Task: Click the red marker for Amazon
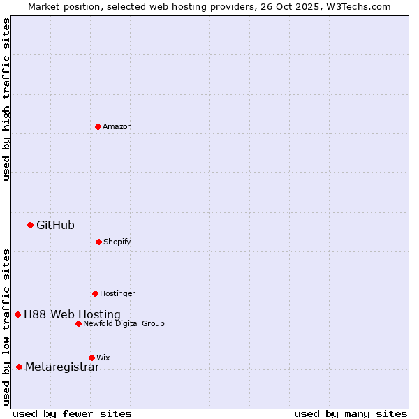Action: click(x=98, y=126)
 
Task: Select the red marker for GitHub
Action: click(x=30, y=225)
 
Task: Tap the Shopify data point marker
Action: click(x=98, y=242)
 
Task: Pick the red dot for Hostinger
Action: click(x=95, y=293)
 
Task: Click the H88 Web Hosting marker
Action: click(x=17, y=314)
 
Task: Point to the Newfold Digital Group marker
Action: click(x=78, y=323)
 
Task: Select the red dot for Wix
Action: click(x=91, y=358)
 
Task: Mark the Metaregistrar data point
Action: click(x=19, y=367)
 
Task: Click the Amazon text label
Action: click(x=117, y=126)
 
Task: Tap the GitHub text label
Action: click(x=55, y=225)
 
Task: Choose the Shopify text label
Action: click(x=117, y=242)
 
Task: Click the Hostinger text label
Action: click(x=117, y=293)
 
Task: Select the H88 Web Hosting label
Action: click(x=72, y=314)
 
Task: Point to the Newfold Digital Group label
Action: click(x=124, y=323)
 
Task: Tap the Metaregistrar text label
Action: click(x=62, y=367)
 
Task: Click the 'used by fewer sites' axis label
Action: click(x=72, y=413)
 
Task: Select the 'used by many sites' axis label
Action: click(x=351, y=413)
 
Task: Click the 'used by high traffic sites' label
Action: click(x=6, y=100)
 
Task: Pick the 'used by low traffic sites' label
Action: click(x=6, y=326)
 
